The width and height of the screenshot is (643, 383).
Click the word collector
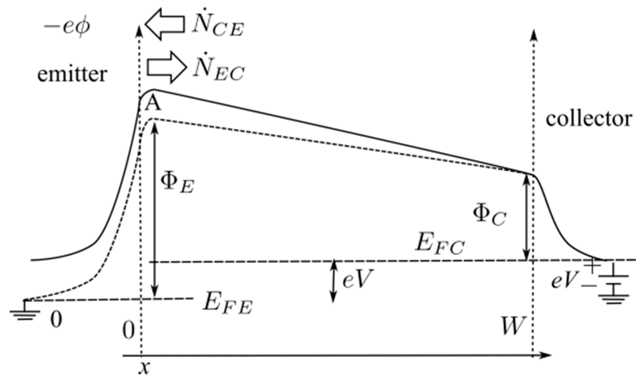[x=589, y=119]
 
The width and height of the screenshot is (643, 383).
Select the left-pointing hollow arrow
[x=165, y=24]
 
